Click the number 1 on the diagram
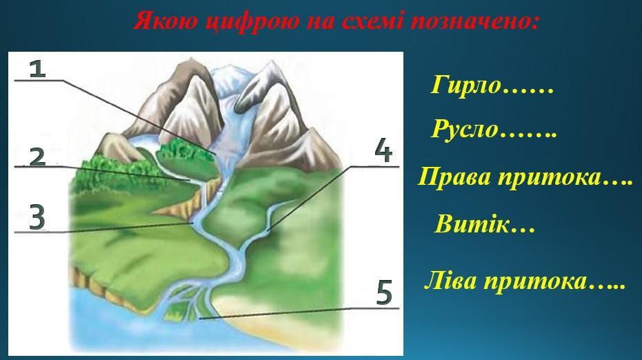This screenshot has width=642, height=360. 38,68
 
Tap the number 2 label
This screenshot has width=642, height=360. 38,157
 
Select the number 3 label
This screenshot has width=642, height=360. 37,217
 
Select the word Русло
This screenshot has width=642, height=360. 464,129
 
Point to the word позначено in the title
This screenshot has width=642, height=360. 474,21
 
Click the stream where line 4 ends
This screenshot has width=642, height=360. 268,230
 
